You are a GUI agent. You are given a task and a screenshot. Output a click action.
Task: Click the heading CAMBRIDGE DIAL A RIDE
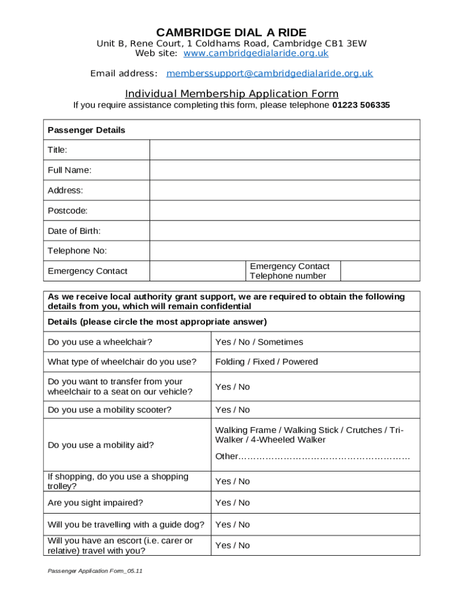point(231,32)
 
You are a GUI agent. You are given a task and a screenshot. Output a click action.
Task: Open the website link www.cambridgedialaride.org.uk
point(256,53)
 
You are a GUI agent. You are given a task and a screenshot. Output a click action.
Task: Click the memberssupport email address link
point(269,73)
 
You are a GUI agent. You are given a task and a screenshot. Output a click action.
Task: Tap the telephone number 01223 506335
point(361,105)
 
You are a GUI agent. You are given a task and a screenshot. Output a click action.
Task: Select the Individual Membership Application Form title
point(231,94)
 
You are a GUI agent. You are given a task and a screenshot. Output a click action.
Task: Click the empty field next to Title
point(285,150)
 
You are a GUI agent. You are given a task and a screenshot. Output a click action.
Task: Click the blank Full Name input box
point(285,170)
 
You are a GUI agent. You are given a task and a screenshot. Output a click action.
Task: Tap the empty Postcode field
point(285,211)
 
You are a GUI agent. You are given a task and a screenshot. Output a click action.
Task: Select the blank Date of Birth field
point(285,230)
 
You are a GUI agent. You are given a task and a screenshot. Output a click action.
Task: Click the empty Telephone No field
point(285,251)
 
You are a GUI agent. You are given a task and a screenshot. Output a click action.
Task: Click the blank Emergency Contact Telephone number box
point(380,271)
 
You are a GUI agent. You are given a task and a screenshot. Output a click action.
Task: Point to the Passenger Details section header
point(86,130)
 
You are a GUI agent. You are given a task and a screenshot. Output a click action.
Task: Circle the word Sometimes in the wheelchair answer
point(281,342)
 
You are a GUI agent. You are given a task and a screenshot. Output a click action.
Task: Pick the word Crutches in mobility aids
point(364,430)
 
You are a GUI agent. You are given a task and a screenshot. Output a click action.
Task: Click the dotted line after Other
point(324,456)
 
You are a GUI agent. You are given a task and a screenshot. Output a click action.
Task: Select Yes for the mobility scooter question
point(223,409)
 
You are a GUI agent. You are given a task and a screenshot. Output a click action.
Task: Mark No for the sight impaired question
point(243,502)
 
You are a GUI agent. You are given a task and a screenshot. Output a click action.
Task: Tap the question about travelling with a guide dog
point(126,524)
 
